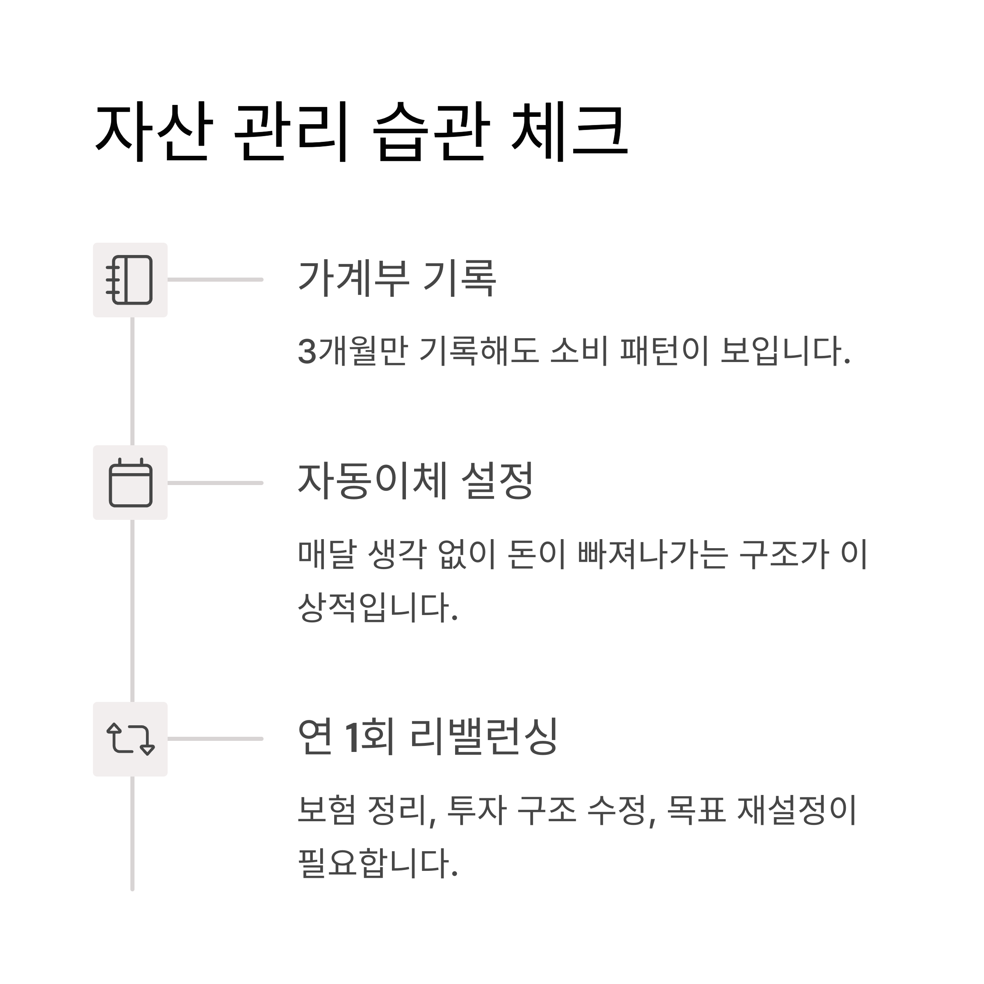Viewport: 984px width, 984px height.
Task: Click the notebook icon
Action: (x=130, y=280)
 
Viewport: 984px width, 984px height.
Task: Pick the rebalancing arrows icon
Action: (x=130, y=739)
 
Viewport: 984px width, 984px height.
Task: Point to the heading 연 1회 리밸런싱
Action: (x=428, y=737)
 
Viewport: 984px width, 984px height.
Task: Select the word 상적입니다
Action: (x=377, y=607)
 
